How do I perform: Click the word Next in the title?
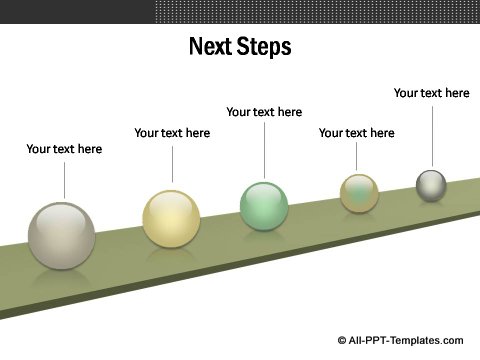tap(211, 46)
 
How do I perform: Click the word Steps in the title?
tap(263, 46)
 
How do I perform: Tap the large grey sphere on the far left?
tap(62, 235)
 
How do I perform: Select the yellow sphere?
tap(171, 218)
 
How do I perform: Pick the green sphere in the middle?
tap(264, 205)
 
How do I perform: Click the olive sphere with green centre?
tap(359, 193)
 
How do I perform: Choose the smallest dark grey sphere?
tap(431, 185)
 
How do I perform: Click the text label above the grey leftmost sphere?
tap(64, 149)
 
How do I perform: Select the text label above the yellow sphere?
tap(172, 133)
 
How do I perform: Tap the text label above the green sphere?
tap(264, 112)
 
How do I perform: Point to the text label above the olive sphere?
tap(356, 133)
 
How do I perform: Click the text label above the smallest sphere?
tap(431, 93)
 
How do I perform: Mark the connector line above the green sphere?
tap(264, 150)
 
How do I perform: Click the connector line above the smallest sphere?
tap(432, 135)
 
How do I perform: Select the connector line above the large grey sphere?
tap(64, 180)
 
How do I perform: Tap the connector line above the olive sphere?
tap(356, 157)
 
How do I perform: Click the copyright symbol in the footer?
tap(342, 340)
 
